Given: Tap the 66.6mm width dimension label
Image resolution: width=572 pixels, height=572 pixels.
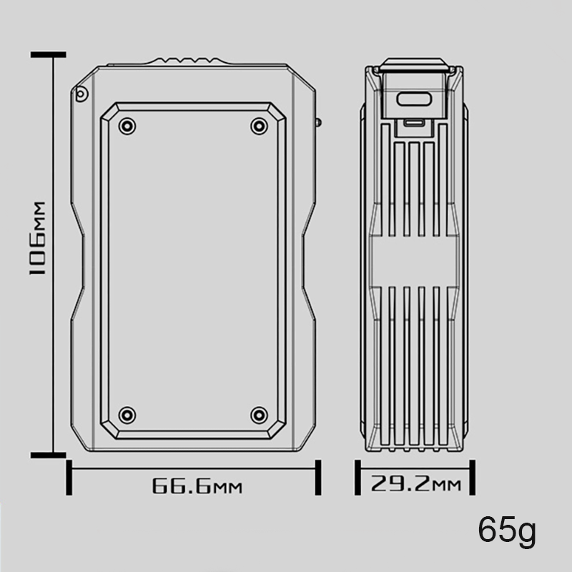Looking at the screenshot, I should click(x=197, y=488).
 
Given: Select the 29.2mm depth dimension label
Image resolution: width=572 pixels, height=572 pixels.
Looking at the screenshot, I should click(x=415, y=485).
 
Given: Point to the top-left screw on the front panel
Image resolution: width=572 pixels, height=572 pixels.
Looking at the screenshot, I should click(x=127, y=127).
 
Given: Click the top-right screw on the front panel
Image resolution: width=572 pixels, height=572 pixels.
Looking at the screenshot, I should click(x=259, y=127).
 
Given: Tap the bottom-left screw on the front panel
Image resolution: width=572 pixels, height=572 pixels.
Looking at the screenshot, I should click(x=127, y=415).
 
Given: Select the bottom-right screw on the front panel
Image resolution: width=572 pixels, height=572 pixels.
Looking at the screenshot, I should click(x=259, y=415).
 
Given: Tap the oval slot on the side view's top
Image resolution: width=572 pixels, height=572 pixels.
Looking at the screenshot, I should click(x=415, y=101).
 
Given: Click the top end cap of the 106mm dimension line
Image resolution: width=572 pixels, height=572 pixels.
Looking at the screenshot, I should click(x=49, y=55).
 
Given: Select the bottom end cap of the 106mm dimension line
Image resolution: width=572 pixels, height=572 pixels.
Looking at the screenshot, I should click(x=49, y=454).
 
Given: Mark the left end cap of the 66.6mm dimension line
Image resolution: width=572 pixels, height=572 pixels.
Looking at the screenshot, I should click(x=69, y=478).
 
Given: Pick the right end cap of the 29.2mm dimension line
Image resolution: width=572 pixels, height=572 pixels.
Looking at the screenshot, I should click(x=472, y=478).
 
